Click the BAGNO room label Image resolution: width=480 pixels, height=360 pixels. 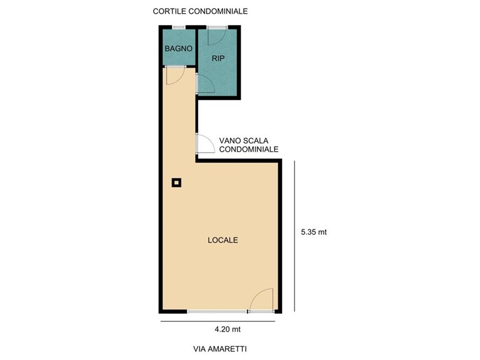[178, 49]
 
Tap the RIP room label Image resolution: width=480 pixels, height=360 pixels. [218, 58]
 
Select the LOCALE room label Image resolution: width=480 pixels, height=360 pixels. [223, 240]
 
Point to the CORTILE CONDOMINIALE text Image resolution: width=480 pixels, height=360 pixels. [200, 11]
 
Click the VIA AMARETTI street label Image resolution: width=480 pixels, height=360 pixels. [220, 349]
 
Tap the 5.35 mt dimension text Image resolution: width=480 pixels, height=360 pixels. [314, 232]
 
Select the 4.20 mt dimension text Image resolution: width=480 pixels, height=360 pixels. [227, 329]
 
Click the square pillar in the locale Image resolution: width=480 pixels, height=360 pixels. [176, 183]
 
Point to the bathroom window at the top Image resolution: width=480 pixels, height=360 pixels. [179, 28]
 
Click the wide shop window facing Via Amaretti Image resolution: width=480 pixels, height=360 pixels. [217, 311]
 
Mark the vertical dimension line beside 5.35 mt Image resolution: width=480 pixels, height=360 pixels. [295, 236]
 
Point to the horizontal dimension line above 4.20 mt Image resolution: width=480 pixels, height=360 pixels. [218, 321]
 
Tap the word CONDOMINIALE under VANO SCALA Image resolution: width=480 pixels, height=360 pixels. [248, 149]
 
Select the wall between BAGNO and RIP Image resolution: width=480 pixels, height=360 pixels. [196, 47]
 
